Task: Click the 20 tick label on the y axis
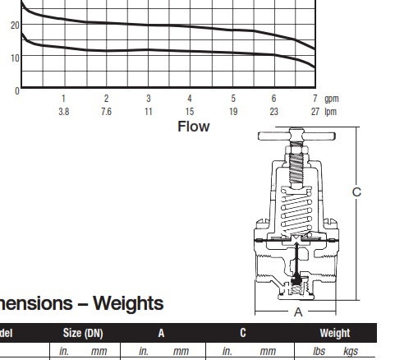pyautogui.click(x=15, y=25)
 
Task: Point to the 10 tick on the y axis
pyautogui.click(x=15, y=58)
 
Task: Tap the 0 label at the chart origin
pyautogui.click(x=17, y=91)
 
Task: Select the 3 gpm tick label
pyautogui.click(x=149, y=99)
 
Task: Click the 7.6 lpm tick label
pyautogui.click(x=106, y=112)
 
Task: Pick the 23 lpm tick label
pyautogui.click(x=273, y=112)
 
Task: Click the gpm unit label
pyautogui.click(x=332, y=99)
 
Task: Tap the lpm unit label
pyautogui.click(x=330, y=112)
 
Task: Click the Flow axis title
pyautogui.click(x=194, y=127)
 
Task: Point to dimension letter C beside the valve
pyautogui.click(x=356, y=192)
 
